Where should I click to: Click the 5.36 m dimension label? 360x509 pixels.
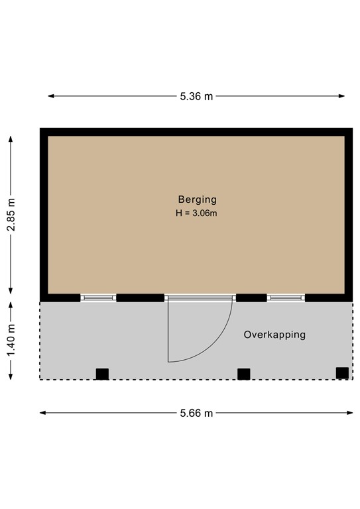[x=197, y=96]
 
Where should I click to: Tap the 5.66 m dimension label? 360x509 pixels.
[x=197, y=413]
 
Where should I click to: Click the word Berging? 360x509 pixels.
[x=197, y=199]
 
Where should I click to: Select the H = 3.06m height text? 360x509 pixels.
[x=197, y=213]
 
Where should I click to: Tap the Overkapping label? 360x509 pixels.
[x=274, y=335]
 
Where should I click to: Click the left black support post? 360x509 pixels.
[x=102, y=374]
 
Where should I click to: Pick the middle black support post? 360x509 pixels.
[x=244, y=374]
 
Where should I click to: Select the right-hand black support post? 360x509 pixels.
[x=342, y=372]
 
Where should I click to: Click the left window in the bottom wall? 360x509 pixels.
[x=98, y=298]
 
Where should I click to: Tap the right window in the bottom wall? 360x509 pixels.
[x=285, y=298]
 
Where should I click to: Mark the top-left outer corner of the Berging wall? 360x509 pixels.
[x=41, y=129]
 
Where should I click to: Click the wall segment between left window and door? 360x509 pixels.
[x=140, y=298]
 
